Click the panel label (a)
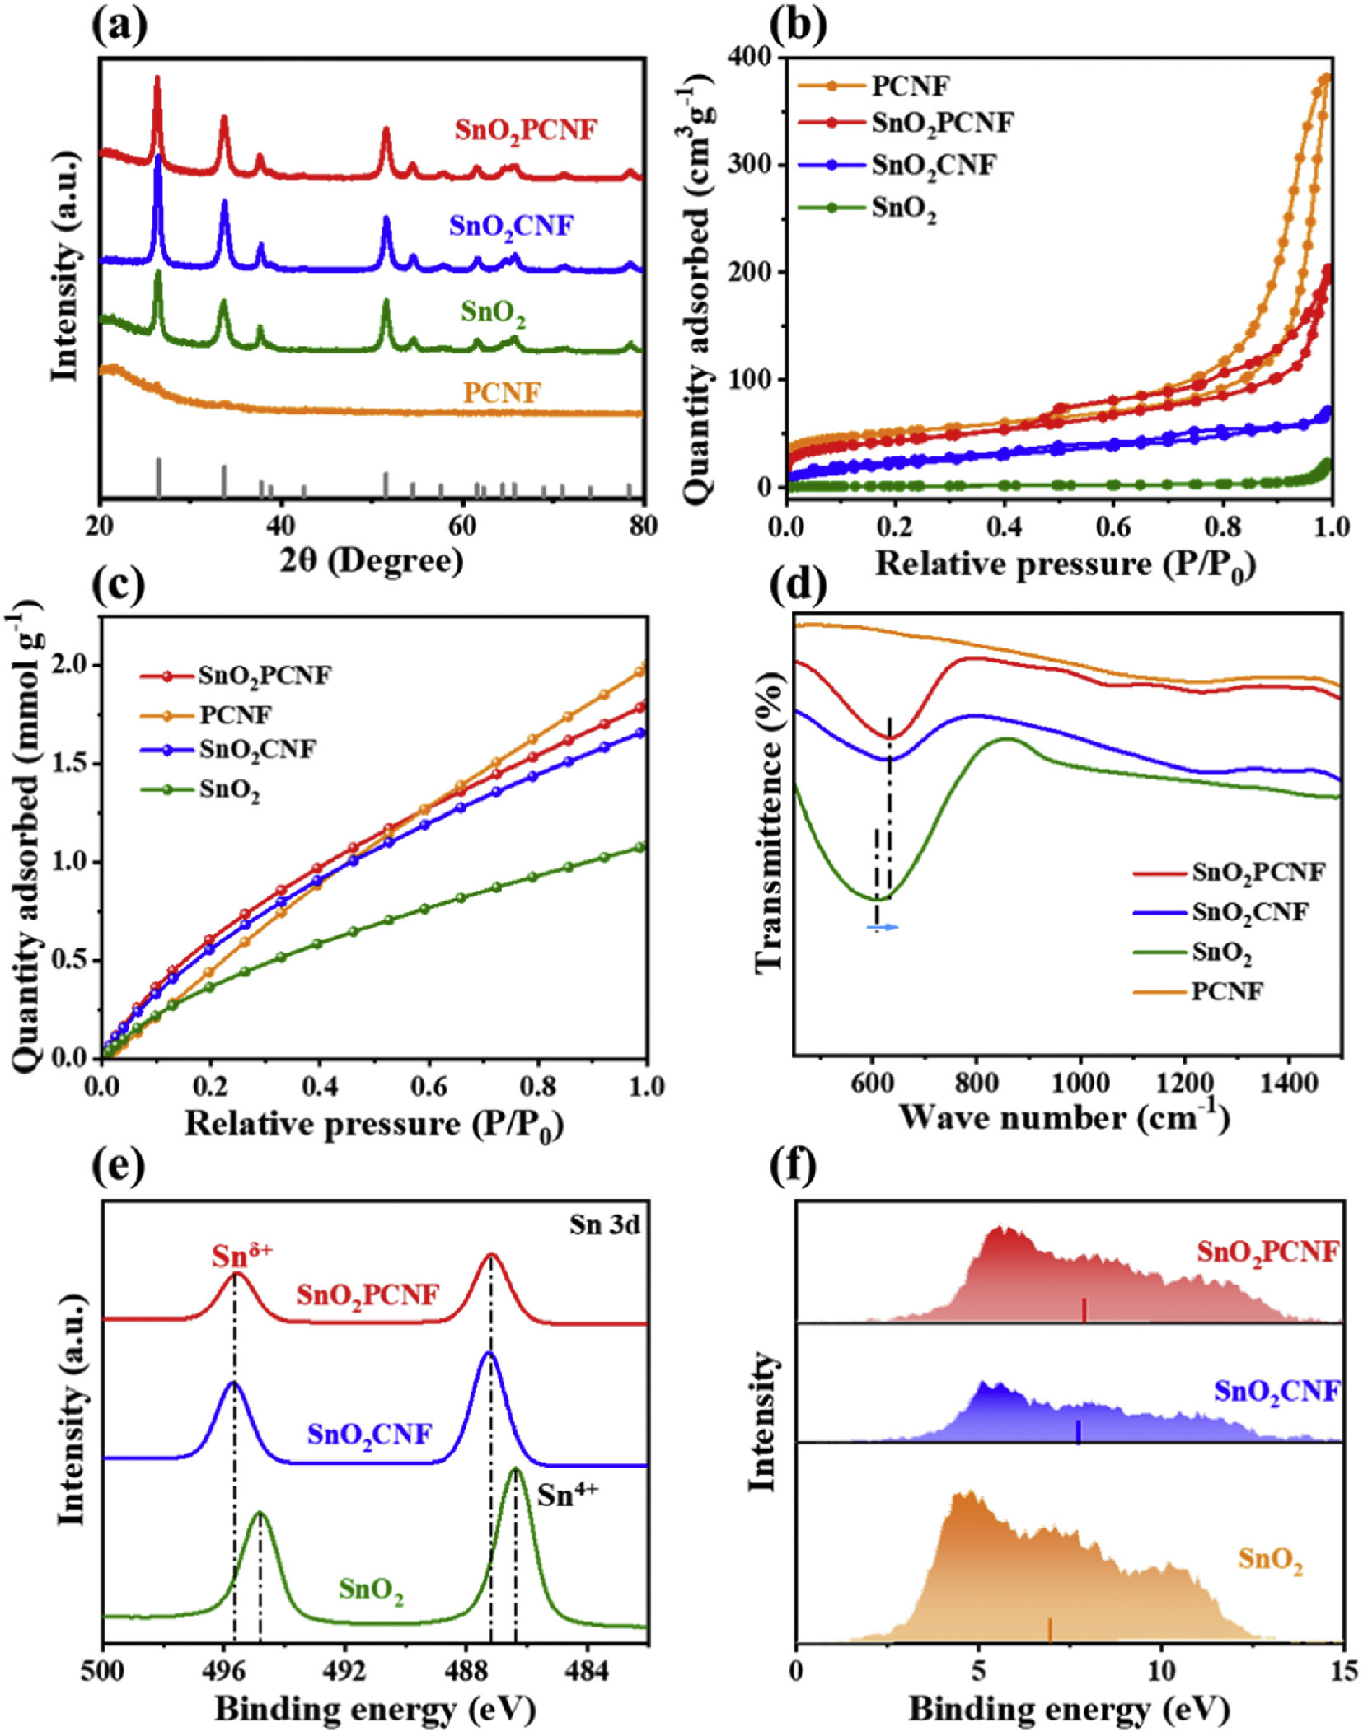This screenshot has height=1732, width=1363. tap(119, 26)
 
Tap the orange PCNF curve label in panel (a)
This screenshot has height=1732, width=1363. tap(502, 392)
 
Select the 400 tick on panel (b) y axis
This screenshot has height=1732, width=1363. tap(750, 56)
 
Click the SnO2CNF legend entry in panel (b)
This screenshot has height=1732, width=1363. tap(934, 166)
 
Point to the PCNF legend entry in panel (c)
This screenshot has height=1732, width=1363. tap(235, 714)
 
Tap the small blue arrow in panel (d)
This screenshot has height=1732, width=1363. tap(883, 928)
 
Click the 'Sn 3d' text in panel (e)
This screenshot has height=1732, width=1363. tap(604, 1225)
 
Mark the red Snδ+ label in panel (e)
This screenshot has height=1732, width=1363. tap(241, 1256)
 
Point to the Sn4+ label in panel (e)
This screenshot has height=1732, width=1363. tap(567, 1495)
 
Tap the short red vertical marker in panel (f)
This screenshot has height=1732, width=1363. tap(1084, 1309)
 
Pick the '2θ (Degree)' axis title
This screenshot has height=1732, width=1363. tap(371, 561)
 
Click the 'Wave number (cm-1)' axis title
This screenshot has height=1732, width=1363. tap(1063, 1117)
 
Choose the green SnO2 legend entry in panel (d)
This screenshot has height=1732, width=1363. tap(1221, 953)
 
